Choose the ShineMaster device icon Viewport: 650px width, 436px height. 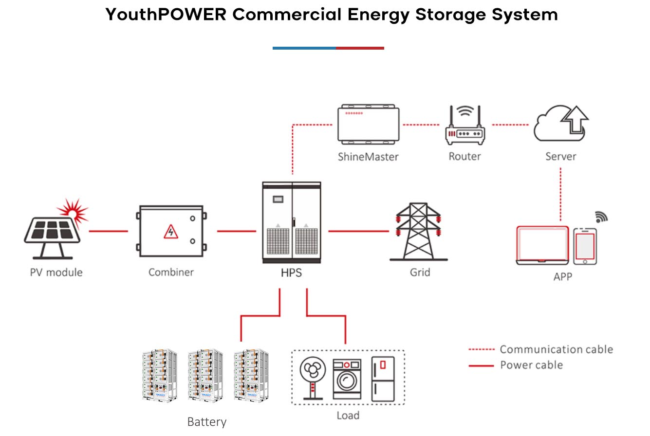click(x=369, y=125)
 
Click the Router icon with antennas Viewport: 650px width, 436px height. click(x=465, y=127)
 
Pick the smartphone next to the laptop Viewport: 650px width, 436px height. click(x=585, y=246)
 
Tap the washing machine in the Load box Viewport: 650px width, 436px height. click(x=347, y=380)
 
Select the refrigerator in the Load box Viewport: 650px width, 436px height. click(x=383, y=380)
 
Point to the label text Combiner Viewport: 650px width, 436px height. click(x=171, y=272)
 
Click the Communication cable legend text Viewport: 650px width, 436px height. click(x=556, y=349)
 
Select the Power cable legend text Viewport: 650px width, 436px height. click(x=531, y=365)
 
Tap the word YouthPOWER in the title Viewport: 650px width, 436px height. click(x=166, y=15)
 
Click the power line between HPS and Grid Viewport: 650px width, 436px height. click(x=359, y=231)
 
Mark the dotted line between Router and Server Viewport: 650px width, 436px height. click(x=510, y=125)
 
